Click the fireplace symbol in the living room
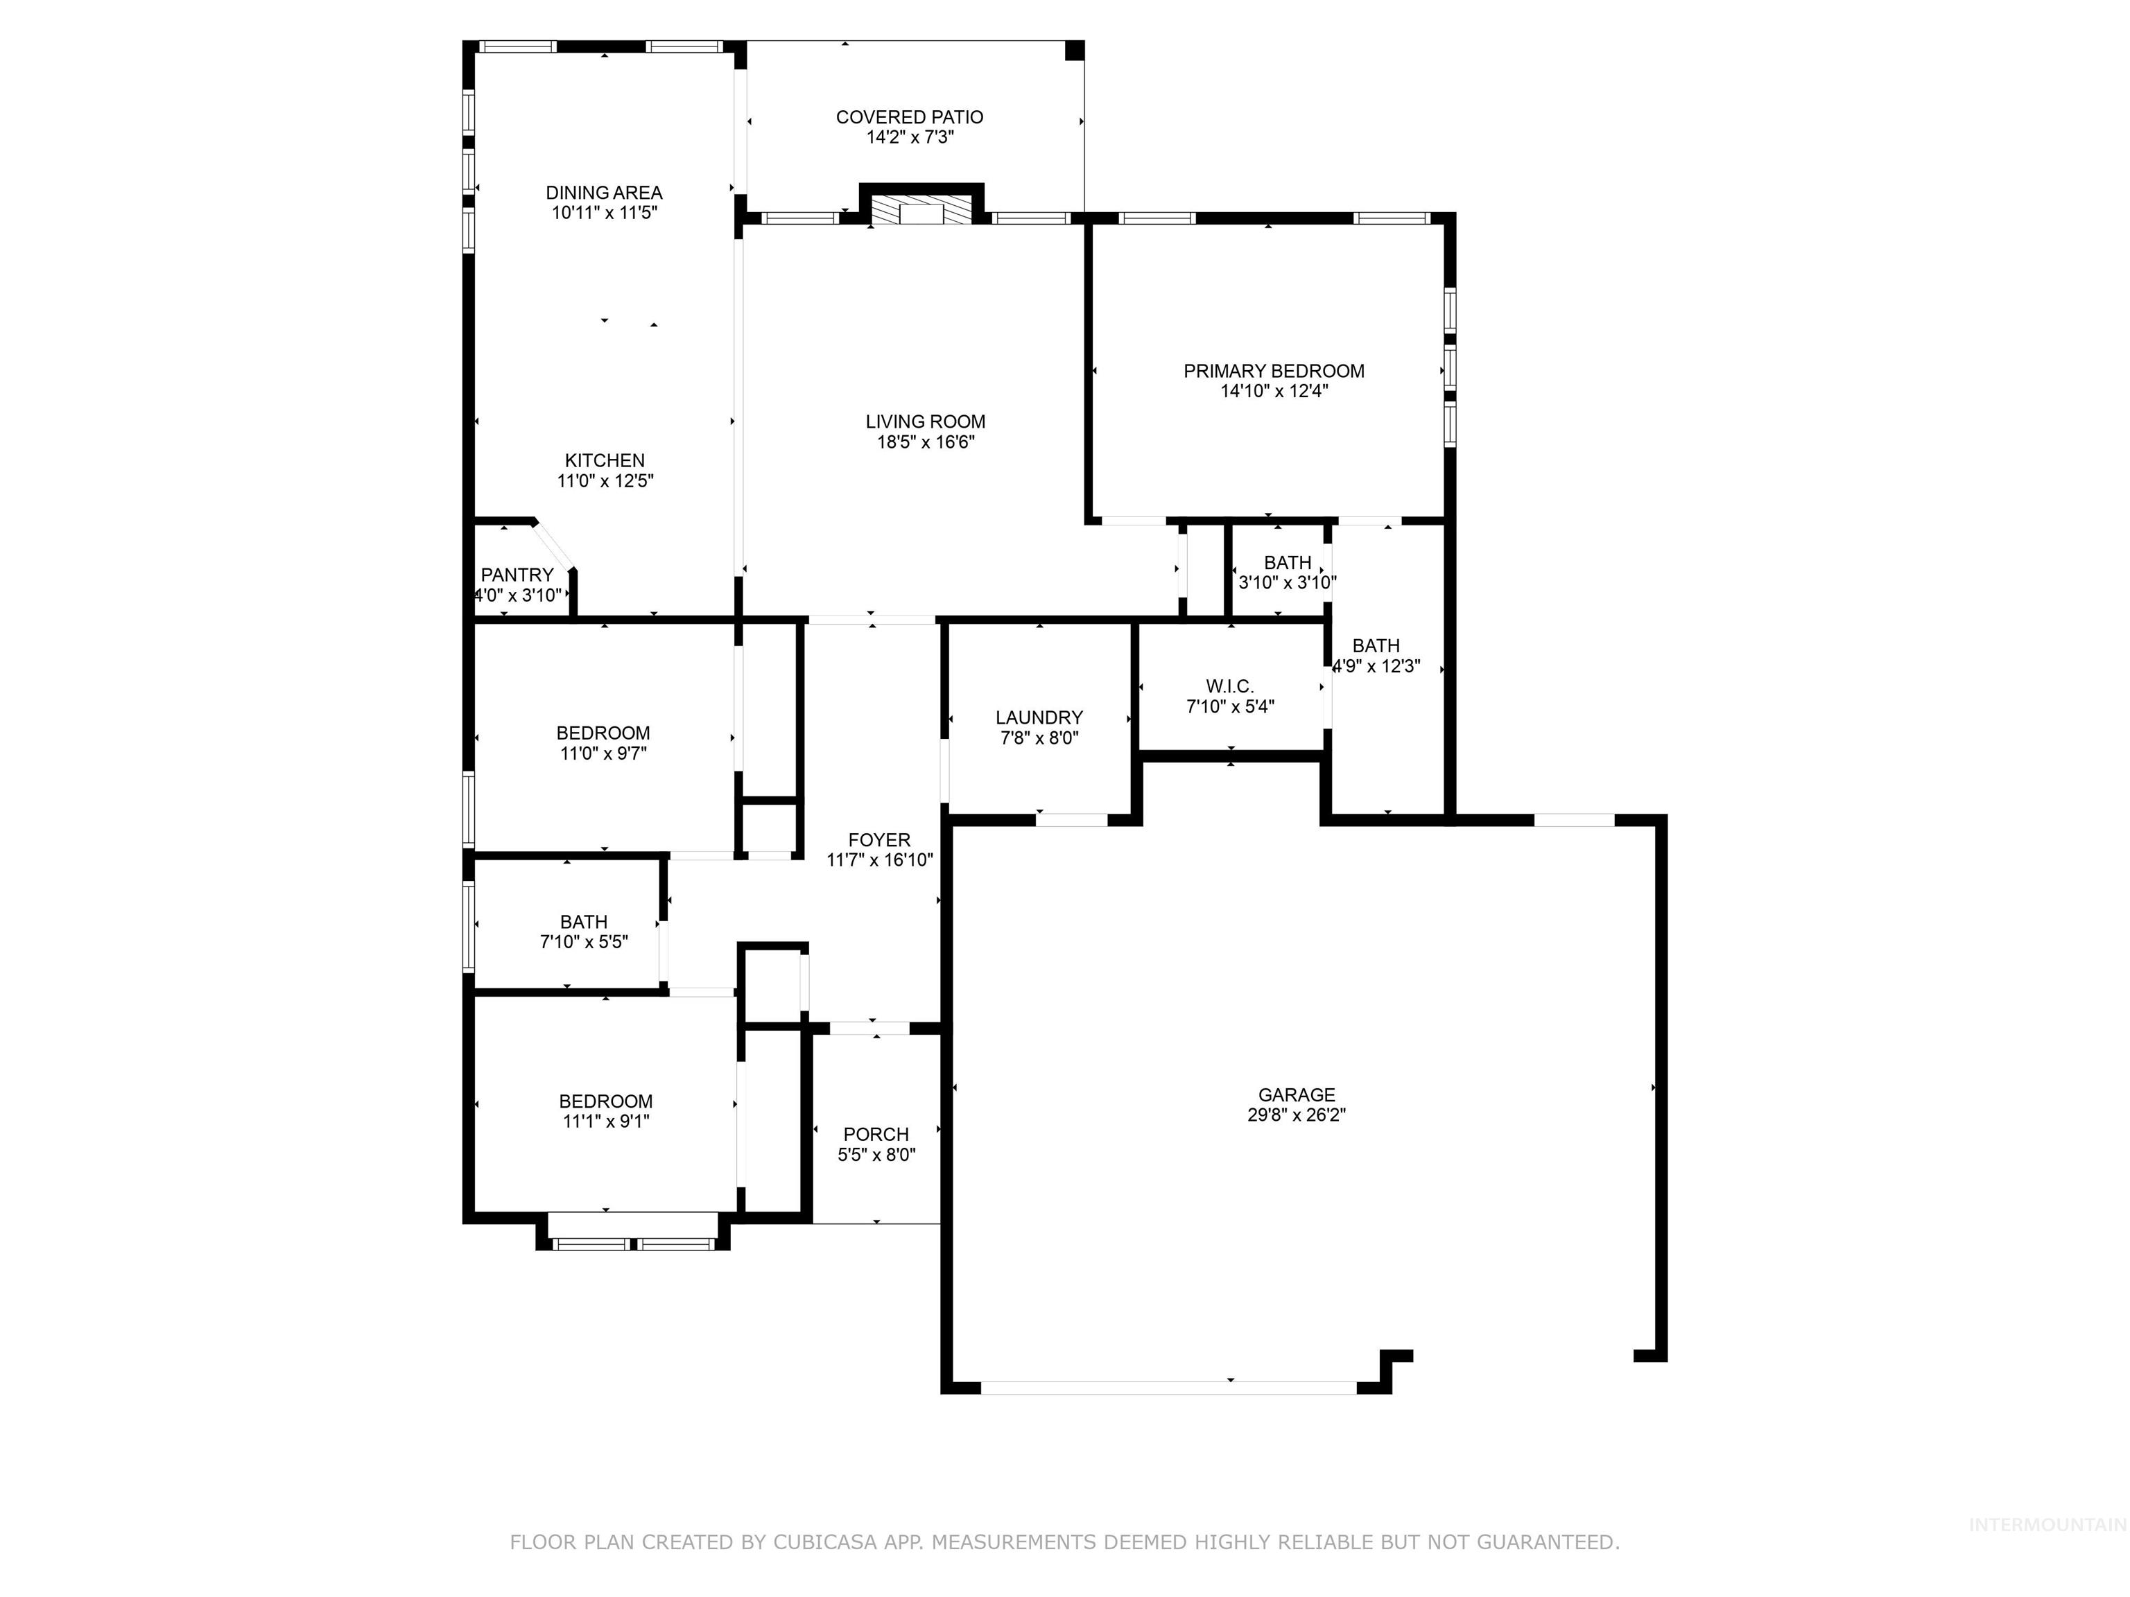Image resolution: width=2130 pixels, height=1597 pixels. tap(921, 212)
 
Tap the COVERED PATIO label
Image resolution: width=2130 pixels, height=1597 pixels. tap(909, 117)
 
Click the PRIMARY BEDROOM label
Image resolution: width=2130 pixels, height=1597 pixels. tap(1273, 371)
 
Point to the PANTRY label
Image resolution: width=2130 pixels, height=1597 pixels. tap(517, 575)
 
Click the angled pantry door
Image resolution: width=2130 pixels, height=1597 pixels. tap(555, 545)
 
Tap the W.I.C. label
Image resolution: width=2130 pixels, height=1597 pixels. tap(1229, 686)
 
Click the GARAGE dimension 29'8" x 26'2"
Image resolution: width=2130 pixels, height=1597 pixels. tap(1296, 1115)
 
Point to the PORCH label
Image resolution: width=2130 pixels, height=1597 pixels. tap(875, 1134)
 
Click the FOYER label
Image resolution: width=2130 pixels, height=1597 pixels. tap(879, 839)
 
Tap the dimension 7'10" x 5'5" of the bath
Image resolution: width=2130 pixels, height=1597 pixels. tap(584, 941)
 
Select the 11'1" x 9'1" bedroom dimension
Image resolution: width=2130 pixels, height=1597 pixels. tap(606, 1121)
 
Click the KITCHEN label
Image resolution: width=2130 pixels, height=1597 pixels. tap(605, 460)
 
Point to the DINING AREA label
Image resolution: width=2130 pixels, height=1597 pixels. tap(604, 193)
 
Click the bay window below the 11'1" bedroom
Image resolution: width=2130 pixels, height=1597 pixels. tap(632, 1243)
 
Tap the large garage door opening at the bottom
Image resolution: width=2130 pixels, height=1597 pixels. tap(1167, 1387)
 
